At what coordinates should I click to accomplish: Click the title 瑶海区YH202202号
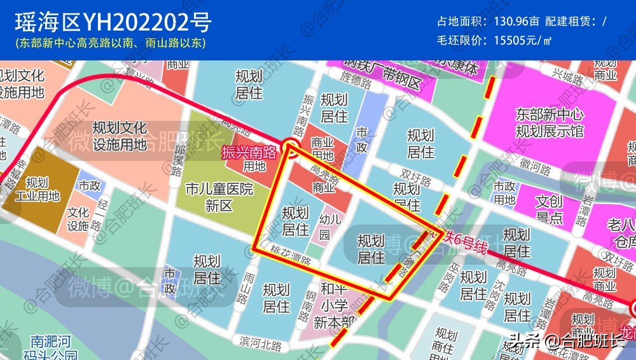pyautogui.click(x=113, y=23)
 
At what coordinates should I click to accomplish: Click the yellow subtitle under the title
pyautogui.click(x=111, y=44)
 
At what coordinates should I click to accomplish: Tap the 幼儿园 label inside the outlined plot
pyautogui.click(x=325, y=225)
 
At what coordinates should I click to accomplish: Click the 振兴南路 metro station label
pyautogui.click(x=249, y=152)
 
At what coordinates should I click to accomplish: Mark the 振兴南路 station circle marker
pyautogui.click(x=291, y=148)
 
